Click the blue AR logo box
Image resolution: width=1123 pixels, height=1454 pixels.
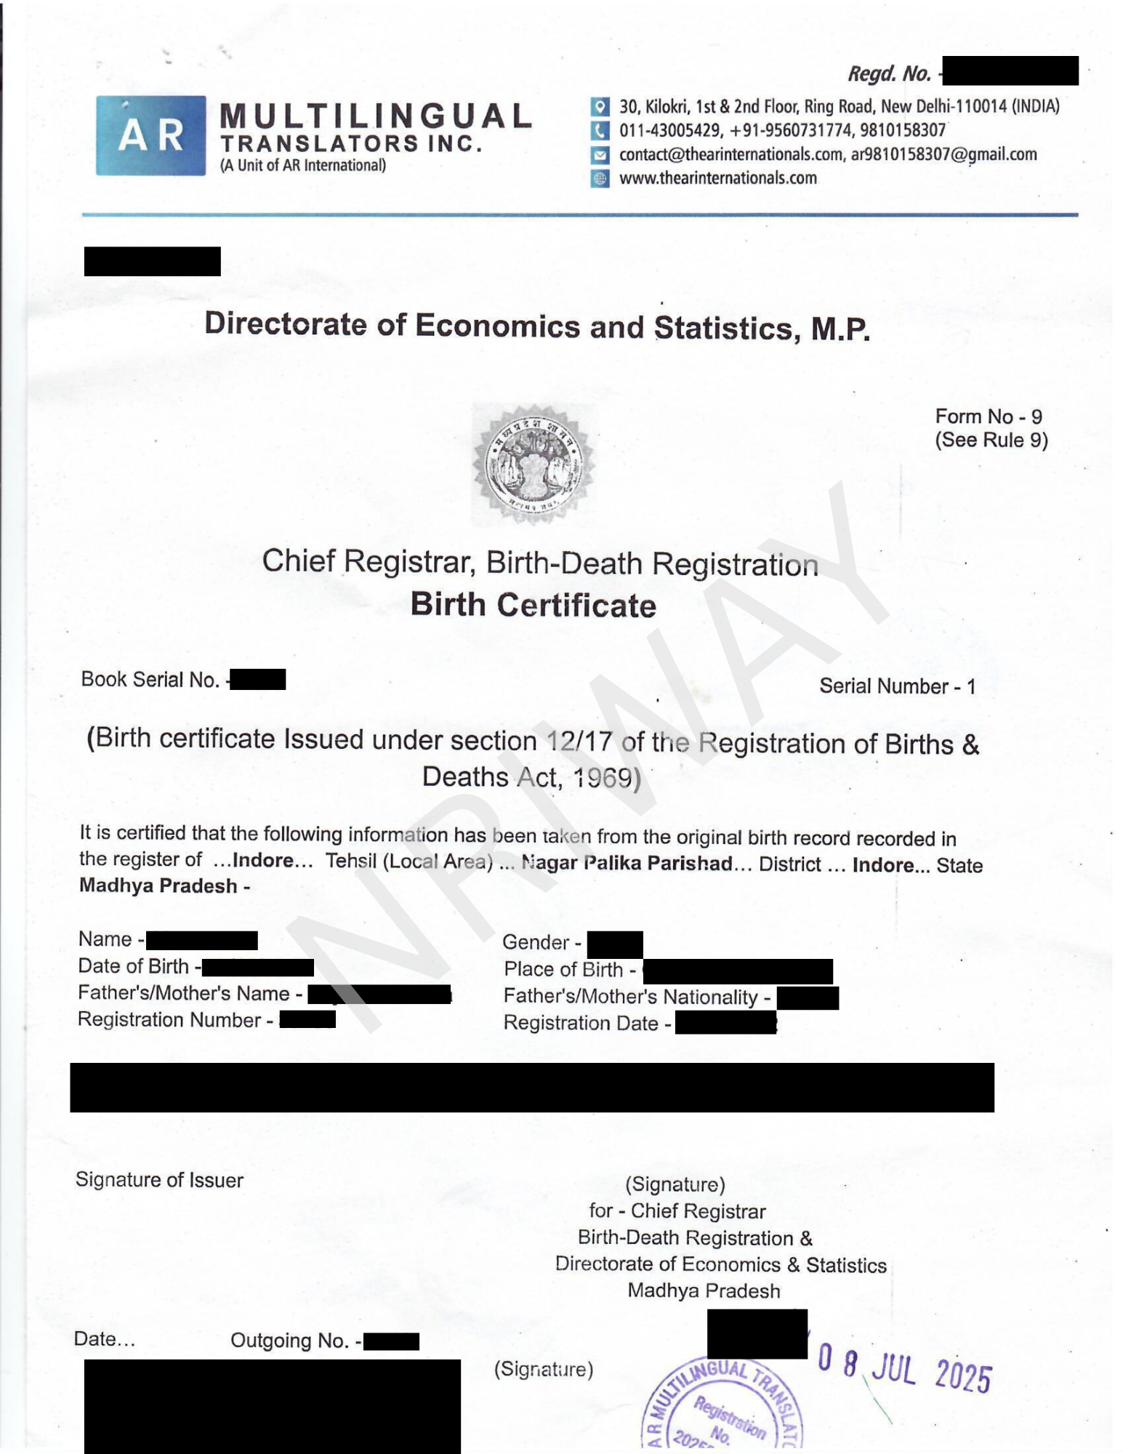pos(150,135)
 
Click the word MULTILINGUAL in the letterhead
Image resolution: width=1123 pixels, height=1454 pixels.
pos(375,116)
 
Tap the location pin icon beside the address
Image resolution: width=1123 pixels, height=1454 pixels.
pos(600,107)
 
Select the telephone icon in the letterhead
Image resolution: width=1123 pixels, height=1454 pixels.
pos(600,131)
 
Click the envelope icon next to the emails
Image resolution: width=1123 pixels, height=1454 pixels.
pos(600,155)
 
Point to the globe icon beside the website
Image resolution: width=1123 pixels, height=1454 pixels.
pos(600,179)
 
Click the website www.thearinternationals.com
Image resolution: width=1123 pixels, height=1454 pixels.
pos(717,178)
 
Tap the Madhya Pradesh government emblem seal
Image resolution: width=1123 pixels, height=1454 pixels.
pos(534,465)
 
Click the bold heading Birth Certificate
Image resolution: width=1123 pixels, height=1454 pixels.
pos(533,606)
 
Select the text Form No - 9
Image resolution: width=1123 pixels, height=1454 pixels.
pos(988,417)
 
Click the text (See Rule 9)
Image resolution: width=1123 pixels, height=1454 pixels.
pos(991,441)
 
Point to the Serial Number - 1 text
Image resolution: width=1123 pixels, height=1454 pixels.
pos(897,686)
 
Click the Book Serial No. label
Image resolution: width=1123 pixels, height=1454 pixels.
pos(150,680)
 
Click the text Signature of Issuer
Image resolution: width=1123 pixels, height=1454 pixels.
pos(159,1180)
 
